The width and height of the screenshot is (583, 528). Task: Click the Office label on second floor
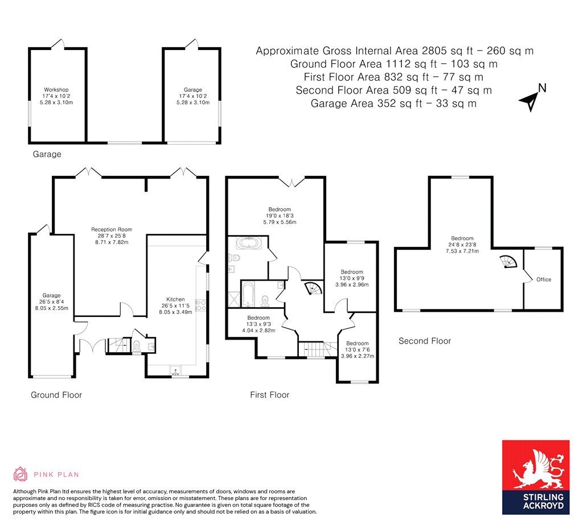pos(544,279)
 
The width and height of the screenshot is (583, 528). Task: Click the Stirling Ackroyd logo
pos(536,477)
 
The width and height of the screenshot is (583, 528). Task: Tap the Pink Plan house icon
pos(20,474)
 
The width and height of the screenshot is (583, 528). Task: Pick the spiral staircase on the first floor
pos(313,288)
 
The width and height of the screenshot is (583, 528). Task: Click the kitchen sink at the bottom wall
pos(175,370)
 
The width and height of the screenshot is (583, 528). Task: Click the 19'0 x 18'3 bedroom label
pos(280,216)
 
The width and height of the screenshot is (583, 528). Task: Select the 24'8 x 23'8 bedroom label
pos(462,245)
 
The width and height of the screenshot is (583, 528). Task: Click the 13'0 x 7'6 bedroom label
pos(358,350)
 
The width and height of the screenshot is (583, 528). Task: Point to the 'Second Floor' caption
pos(425,341)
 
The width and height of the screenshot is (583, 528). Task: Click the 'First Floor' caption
pos(269,395)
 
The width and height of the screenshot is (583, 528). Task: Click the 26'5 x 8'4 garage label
pos(51,302)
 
